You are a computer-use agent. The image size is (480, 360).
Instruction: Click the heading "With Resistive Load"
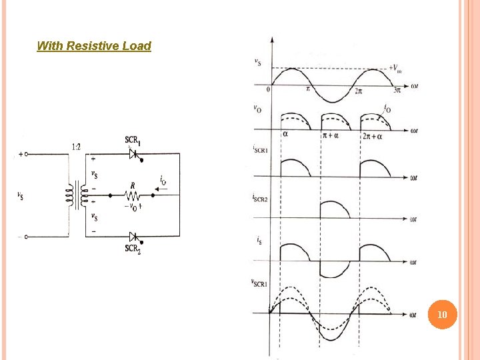(x=94, y=46)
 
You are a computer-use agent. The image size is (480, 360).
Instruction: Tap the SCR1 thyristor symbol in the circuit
(x=134, y=153)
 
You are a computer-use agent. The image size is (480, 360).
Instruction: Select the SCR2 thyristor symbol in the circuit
(x=134, y=237)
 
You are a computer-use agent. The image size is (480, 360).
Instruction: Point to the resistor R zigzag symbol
(x=132, y=196)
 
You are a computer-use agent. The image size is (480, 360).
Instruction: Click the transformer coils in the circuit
(x=75, y=195)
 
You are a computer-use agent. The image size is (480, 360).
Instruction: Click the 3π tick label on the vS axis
(x=397, y=90)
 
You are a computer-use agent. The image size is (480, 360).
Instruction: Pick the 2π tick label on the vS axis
(x=358, y=90)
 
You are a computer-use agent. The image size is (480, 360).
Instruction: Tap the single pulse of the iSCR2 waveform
(x=335, y=209)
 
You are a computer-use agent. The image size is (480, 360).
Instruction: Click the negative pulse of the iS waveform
(x=335, y=269)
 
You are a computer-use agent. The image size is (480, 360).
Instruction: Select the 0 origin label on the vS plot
(x=268, y=89)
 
